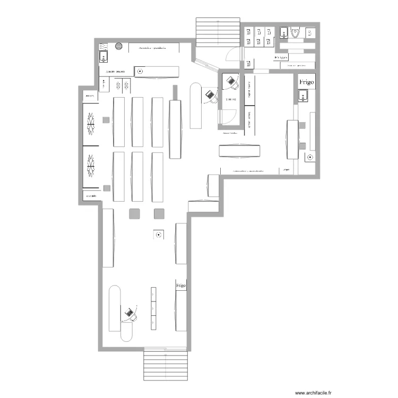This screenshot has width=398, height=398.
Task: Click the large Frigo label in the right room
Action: pyautogui.click(x=306, y=82)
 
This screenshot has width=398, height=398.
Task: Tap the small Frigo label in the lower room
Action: pyautogui.click(x=181, y=285)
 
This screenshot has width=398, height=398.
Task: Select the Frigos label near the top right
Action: pyautogui.click(x=281, y=56)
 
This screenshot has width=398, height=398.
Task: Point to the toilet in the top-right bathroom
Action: pyautogui.click(x=295, y=33)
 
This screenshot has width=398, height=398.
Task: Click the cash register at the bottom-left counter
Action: pyautogui.click(x=129, y=315)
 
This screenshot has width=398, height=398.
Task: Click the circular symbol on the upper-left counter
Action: pyautogui.click(x=140, y=70)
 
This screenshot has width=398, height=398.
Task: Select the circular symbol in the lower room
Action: pyautogui.click(x=158, y=235)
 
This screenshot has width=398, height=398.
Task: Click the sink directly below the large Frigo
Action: pyautogui.click(x=303, y=96)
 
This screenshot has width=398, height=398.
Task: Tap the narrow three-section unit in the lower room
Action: pyautogui.click(x=153, y=308)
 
